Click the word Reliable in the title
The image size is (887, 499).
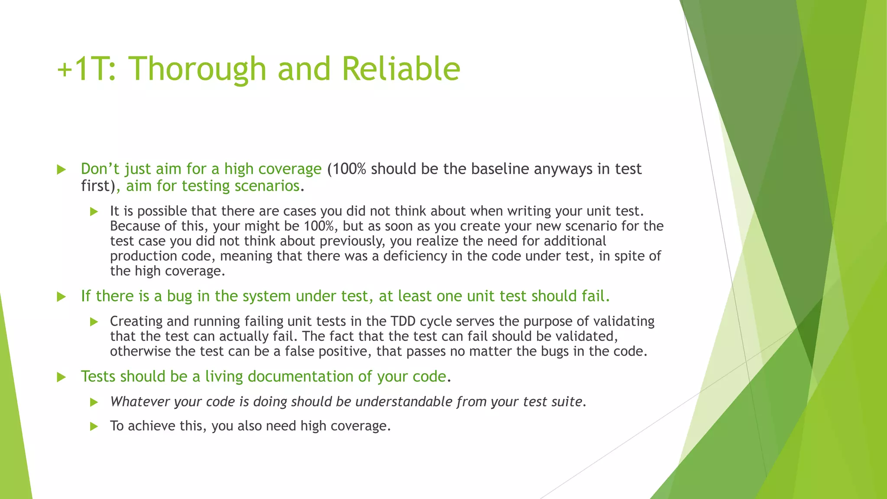401,69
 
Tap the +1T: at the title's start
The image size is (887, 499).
87,69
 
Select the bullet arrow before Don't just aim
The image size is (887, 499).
62,169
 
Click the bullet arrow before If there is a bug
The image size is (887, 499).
62,297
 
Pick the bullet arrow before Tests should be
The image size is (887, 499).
62,377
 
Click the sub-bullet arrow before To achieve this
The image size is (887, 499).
94,426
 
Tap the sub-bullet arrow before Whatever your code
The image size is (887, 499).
94,402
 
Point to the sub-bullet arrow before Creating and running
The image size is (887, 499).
94,321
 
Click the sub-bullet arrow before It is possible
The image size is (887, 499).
94,211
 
